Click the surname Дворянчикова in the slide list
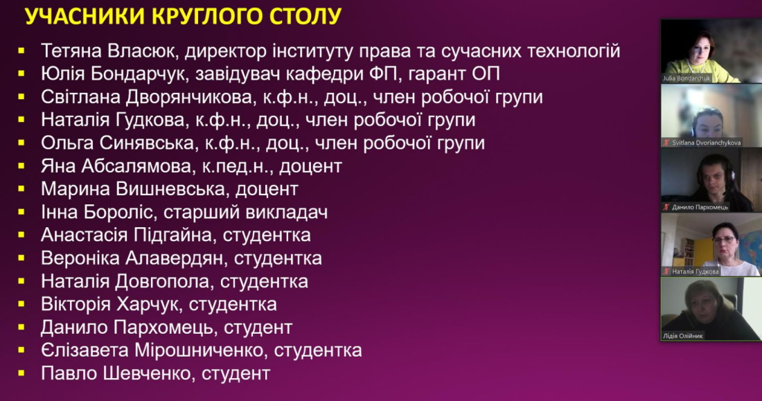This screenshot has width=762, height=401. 189,97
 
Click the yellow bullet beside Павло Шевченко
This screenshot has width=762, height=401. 21,374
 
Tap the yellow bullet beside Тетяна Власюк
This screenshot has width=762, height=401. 21,50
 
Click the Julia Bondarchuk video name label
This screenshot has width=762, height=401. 686,78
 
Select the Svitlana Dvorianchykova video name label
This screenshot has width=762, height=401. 706,143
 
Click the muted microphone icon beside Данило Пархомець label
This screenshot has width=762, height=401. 666,207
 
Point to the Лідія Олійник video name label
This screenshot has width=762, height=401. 683,336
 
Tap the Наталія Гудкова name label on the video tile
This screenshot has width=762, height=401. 695,271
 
